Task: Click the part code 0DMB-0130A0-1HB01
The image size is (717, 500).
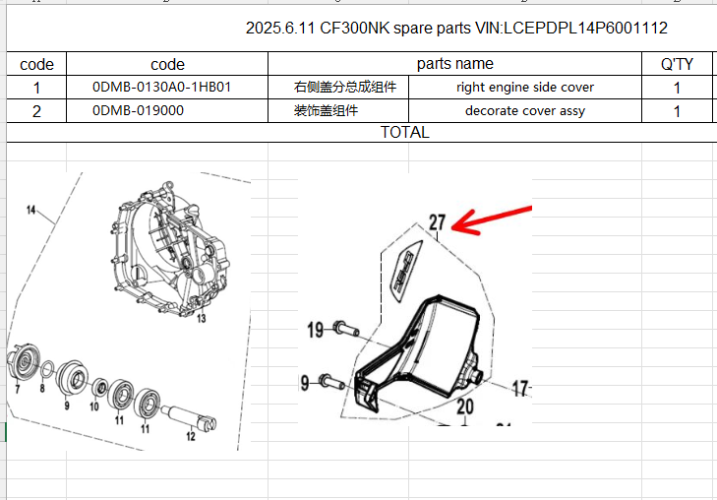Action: click(162, 88)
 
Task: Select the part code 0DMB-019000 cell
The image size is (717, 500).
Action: click(139, 111)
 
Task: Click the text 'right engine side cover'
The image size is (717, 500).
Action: click(525, 88)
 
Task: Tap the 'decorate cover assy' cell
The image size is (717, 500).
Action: click(525, 111)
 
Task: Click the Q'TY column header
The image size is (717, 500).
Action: click(677, 65)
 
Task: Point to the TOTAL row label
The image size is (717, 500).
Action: click(404, 132)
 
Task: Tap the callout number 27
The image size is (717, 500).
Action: click(437, 223)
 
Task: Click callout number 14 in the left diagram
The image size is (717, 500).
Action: click(30, 211)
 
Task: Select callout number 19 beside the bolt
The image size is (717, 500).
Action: click(315, 330)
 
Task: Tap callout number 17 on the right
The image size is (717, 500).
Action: click(520, 388)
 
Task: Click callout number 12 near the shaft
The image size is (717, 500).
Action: click(190, 436)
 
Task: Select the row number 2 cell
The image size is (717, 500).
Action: click(36, 111)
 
